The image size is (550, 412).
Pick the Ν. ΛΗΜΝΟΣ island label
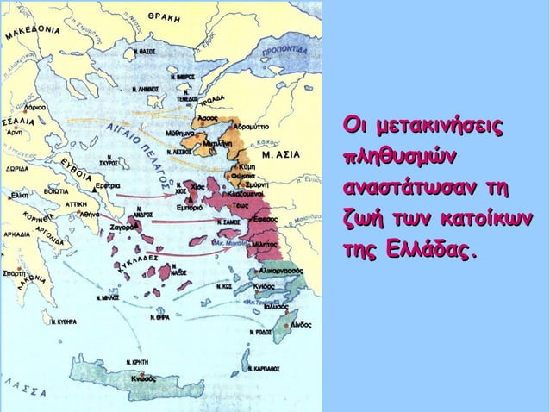coord(146,89)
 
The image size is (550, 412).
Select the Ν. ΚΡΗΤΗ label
coord(140,362)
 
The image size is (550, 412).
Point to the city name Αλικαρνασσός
coord(280,271)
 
